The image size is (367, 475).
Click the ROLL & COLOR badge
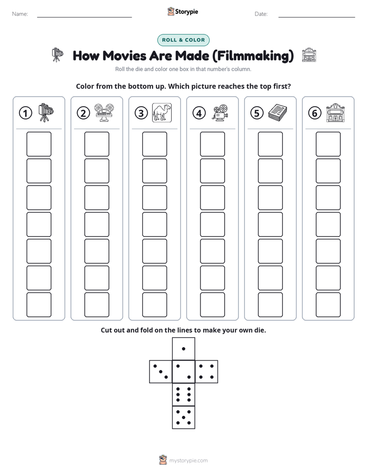pyautogui.click(x=183, y=40)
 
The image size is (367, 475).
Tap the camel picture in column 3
pyautogui.click(x=162, y=113)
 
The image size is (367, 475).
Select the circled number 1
pyautogui.click(x=25, y=113)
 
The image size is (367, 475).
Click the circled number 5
pyautogui.click(x=257, y=113)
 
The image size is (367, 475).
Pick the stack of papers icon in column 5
pyautogui.click(x=278, y=112)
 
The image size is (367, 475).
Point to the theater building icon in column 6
pyautogui.click(x=336, y=113)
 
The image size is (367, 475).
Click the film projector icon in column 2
pyautogui.click(x=104, y=113)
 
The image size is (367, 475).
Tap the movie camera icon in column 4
pyautogui.click(x=220, y=113)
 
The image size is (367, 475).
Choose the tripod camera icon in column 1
pyautogui.click(x=46, y=113)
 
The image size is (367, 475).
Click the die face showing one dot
pyautogui.click(x=183, y=349)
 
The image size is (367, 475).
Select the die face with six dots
pyautogui.click(x=183, y=394)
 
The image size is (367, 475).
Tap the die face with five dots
pyautogui.click(x=183, y=417)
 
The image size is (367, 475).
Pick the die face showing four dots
pyautogui.click(x=207, y=372)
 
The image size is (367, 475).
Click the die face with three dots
pyautogui.click(x=160, y=372)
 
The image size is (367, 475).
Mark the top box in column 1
pyautogui.click(x=39, y=144)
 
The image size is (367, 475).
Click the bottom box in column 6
pyautogui.click(x=328, y=305)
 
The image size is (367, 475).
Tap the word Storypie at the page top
pyautogui.click(x=187, y=12)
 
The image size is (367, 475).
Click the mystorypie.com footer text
pyautogui.click(x=188, y=461)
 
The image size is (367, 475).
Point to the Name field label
pyautogui.click(x=20, y=14)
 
